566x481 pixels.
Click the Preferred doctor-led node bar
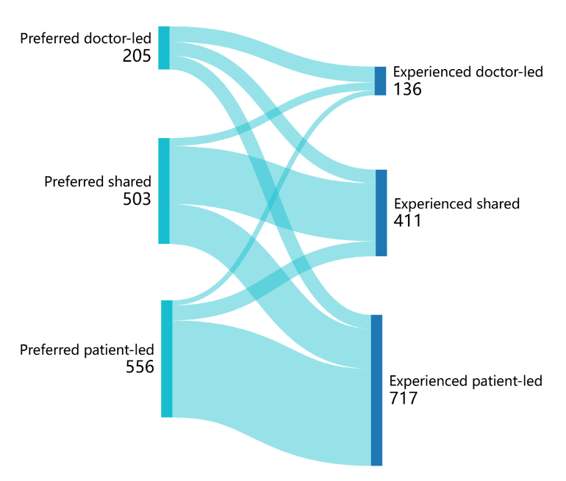click(164, 48)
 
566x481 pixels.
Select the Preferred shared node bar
click(164, 190)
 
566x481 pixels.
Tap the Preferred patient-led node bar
click(167, 358)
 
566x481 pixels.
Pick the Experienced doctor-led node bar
click(380, 81)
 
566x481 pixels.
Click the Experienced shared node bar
click(381, 213)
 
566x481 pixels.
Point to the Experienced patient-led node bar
click(376, 390)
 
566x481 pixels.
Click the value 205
click(137, 56)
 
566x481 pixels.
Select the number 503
click(137, 198)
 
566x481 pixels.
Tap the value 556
click(139, 366)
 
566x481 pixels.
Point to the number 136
click(407, 89)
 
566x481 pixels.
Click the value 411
click(408, 220)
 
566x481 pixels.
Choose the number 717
click(404, 399)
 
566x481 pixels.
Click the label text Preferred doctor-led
click(85, 37)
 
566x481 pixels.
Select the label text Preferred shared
click(98, 181)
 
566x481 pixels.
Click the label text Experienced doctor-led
click(468, 72)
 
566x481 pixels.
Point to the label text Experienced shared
click(456, 203)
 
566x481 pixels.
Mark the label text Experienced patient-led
click(465, 381)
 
